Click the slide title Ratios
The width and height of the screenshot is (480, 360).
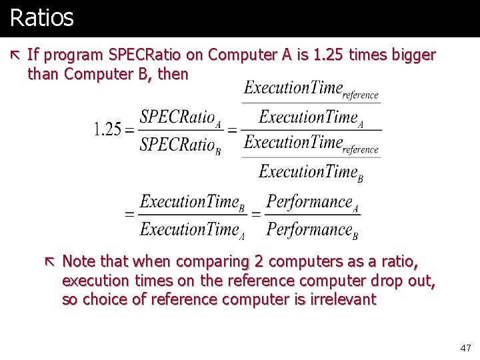pyautogui.click(x=42, y=17)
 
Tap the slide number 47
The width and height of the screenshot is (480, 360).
pyautogui.click(x=465, y=348)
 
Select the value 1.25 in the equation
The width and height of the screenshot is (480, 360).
pyautogui.click(x=107, y=129)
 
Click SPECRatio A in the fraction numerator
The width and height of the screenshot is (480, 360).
pyautogui.click(x=180, y=117)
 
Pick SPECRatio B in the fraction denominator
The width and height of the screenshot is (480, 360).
pyautogui.click(x=180, y=144)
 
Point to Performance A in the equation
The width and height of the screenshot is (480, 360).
pyautogui.click(x=313, y=202)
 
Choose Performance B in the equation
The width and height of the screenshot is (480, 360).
pyautogui.click(x=313, y=230)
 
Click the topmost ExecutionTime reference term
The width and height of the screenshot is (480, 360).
pyautogui.click(x=311, y=89)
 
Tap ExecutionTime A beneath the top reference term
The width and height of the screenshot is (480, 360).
pyautogui.click(x=311, y=118)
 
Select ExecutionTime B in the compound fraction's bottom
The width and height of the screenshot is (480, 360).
pyautogui.click(x=311, y=172)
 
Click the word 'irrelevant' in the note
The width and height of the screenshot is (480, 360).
pyautogui.click(x=343, y=300)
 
